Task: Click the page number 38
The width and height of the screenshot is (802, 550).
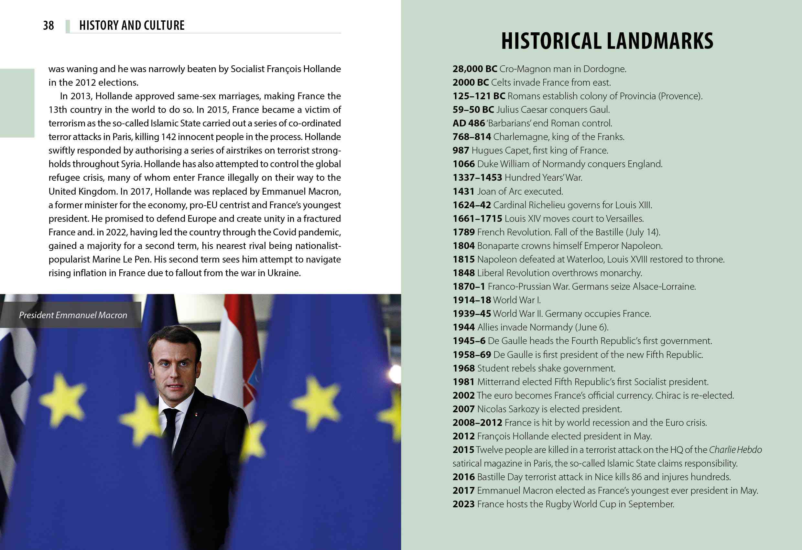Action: pos(48,26)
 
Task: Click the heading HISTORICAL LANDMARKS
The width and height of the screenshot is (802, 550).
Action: pos(607,41)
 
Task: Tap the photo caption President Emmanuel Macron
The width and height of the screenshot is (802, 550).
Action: pos(73,315)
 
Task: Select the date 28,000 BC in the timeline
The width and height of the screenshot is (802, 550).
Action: pos(474,69)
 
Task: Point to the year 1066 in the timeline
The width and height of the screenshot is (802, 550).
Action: pos(463,164)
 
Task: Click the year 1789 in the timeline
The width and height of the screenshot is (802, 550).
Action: pos(463,232)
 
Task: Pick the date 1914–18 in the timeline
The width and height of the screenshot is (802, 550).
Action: pos(471,300)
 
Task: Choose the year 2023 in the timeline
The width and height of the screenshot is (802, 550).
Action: pos(463,504)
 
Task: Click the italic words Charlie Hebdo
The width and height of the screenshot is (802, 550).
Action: pos(735,450)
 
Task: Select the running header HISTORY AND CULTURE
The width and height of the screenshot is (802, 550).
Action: pos(132,26)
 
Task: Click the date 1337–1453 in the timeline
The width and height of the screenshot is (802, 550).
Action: pos(477,178)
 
